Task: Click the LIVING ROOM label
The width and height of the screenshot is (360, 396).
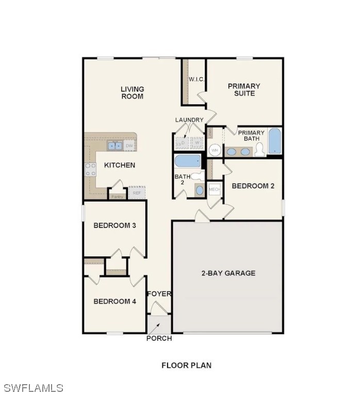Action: point(133,93)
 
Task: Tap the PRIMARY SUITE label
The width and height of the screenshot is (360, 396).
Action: point(244,90)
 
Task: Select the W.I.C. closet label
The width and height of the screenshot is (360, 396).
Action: point(197,79)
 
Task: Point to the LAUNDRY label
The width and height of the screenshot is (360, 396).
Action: point(189,120)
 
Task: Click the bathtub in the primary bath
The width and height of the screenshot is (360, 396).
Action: point(274,141)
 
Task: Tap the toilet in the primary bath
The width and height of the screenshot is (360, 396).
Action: point(259,150)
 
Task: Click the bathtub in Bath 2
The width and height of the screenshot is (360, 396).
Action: point(187,161)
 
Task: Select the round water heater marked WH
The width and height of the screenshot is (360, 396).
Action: point(215,151)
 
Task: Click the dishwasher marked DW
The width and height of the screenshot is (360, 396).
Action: point(129,146)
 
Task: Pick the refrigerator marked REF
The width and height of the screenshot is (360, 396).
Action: point(137,193)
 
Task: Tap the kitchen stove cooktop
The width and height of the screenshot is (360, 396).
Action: point(91,169)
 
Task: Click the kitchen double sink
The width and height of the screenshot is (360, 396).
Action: point(114,146)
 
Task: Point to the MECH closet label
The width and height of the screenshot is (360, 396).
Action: point(215,190)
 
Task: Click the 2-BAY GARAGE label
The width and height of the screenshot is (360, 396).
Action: point(228,273)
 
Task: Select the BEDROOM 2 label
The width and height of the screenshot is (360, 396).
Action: point(253,186)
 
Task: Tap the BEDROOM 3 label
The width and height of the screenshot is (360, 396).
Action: point(114,225)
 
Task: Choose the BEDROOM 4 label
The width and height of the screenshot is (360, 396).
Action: point(114,301)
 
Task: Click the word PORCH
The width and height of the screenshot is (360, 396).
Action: point(159,338)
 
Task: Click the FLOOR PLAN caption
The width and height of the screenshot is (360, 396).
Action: point(187,366)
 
